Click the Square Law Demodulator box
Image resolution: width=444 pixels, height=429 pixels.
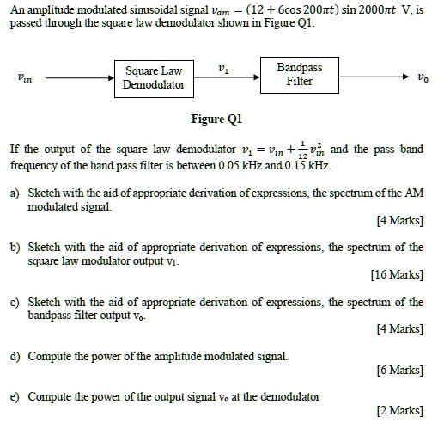pyautogui.click(x=154, y=77)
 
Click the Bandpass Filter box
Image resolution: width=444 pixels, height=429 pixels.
pyautogui.click(x=300, y=74)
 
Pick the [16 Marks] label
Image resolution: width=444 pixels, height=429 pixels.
pyautogui.click(x=398, y=275)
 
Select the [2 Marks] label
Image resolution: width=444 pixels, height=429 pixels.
pyautogui.click(x=400, y=411)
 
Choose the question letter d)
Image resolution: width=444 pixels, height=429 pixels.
pyautogui.click(x=15, y=355)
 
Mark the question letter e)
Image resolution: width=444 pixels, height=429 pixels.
pyautogui.click(x=15, y=396)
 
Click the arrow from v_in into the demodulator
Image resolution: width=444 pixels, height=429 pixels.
pyautogui.click(x=79, y=77)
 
